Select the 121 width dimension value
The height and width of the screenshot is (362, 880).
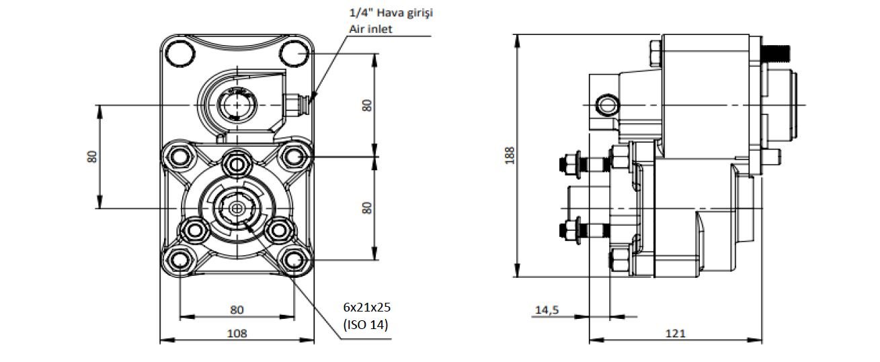(676, 333)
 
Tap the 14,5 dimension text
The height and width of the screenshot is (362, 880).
(547, 310)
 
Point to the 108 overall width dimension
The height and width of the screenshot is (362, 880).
(237, 333)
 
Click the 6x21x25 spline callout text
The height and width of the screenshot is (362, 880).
(366, 307)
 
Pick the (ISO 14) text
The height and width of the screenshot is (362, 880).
(366, 324)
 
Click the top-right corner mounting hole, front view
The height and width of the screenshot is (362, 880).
(294, 52)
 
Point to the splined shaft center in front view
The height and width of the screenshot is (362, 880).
(237, 209)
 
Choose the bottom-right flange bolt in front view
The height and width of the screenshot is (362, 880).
(294, 260)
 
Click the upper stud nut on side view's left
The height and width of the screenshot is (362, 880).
(568, 164)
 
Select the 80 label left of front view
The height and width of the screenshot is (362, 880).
(92, 156)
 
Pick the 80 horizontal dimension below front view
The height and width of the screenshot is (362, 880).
(237, 310)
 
